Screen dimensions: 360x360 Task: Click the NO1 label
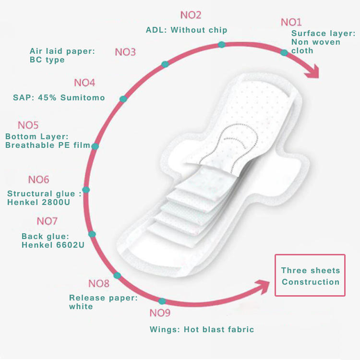(x=291, y=22)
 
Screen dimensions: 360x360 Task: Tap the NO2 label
(x=191, y=15)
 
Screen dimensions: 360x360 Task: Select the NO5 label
(x=28, y=125)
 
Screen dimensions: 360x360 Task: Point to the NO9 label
(x=160, y=312)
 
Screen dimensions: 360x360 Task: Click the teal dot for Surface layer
(x=284, y=53)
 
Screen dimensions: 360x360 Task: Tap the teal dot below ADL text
(x=222, y=45)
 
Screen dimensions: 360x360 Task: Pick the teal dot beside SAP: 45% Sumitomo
(x=123, y=99)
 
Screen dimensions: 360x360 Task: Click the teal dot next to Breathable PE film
(x=95, y=146)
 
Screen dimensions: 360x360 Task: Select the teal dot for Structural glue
(x=86, y=190)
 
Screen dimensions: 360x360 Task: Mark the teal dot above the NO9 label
(x=162, y=301)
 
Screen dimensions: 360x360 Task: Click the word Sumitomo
(x=83, y=97)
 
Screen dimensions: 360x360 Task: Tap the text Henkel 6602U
(x=53, y=245)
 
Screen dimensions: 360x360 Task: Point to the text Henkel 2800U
(x=38, y=202)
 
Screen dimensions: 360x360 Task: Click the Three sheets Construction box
(x=310, y=275)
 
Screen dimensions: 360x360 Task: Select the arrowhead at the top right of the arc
(x=312, y=72)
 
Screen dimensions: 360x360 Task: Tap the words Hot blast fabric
(x=219, y=329)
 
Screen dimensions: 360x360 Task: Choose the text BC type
(x=47, y=60)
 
